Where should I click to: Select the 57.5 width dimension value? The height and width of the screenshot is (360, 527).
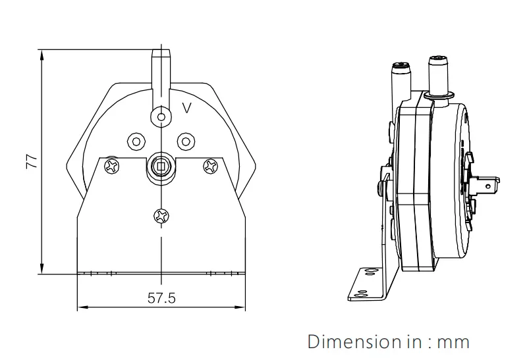[161, 298]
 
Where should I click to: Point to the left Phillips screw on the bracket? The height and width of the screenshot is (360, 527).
[113, 165]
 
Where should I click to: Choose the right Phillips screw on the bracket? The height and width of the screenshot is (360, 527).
[210, 165]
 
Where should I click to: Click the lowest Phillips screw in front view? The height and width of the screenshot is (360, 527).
[161, 215]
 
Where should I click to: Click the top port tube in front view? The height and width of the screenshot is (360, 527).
[161, 66]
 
